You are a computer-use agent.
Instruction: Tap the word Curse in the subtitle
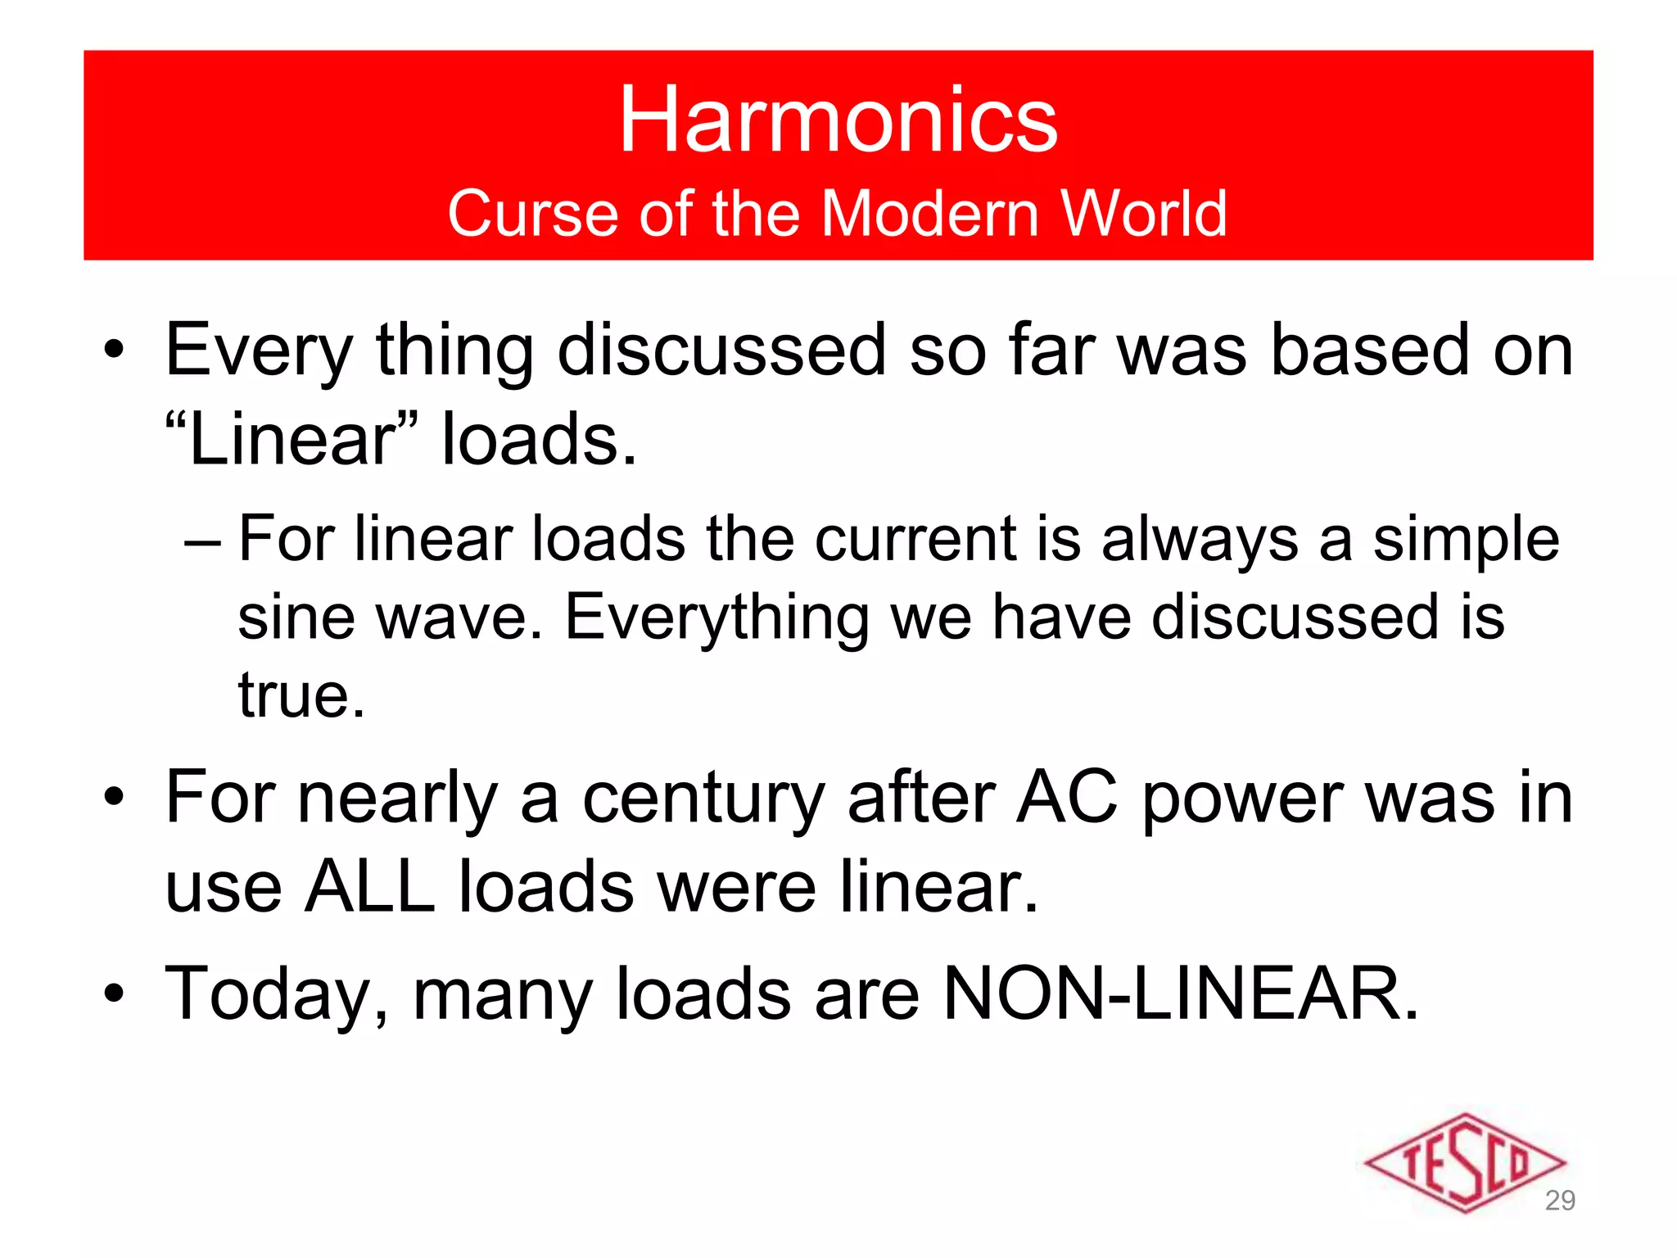(531, 214)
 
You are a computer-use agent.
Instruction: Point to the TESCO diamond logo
(1464, 1162)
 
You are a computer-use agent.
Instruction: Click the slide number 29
(1560, 1201)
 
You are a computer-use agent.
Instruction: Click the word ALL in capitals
(369, 887)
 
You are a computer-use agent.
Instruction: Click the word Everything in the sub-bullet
(716, 618)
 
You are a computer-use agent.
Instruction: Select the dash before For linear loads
(202, 541)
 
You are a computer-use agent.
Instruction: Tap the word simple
(1466, 541)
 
